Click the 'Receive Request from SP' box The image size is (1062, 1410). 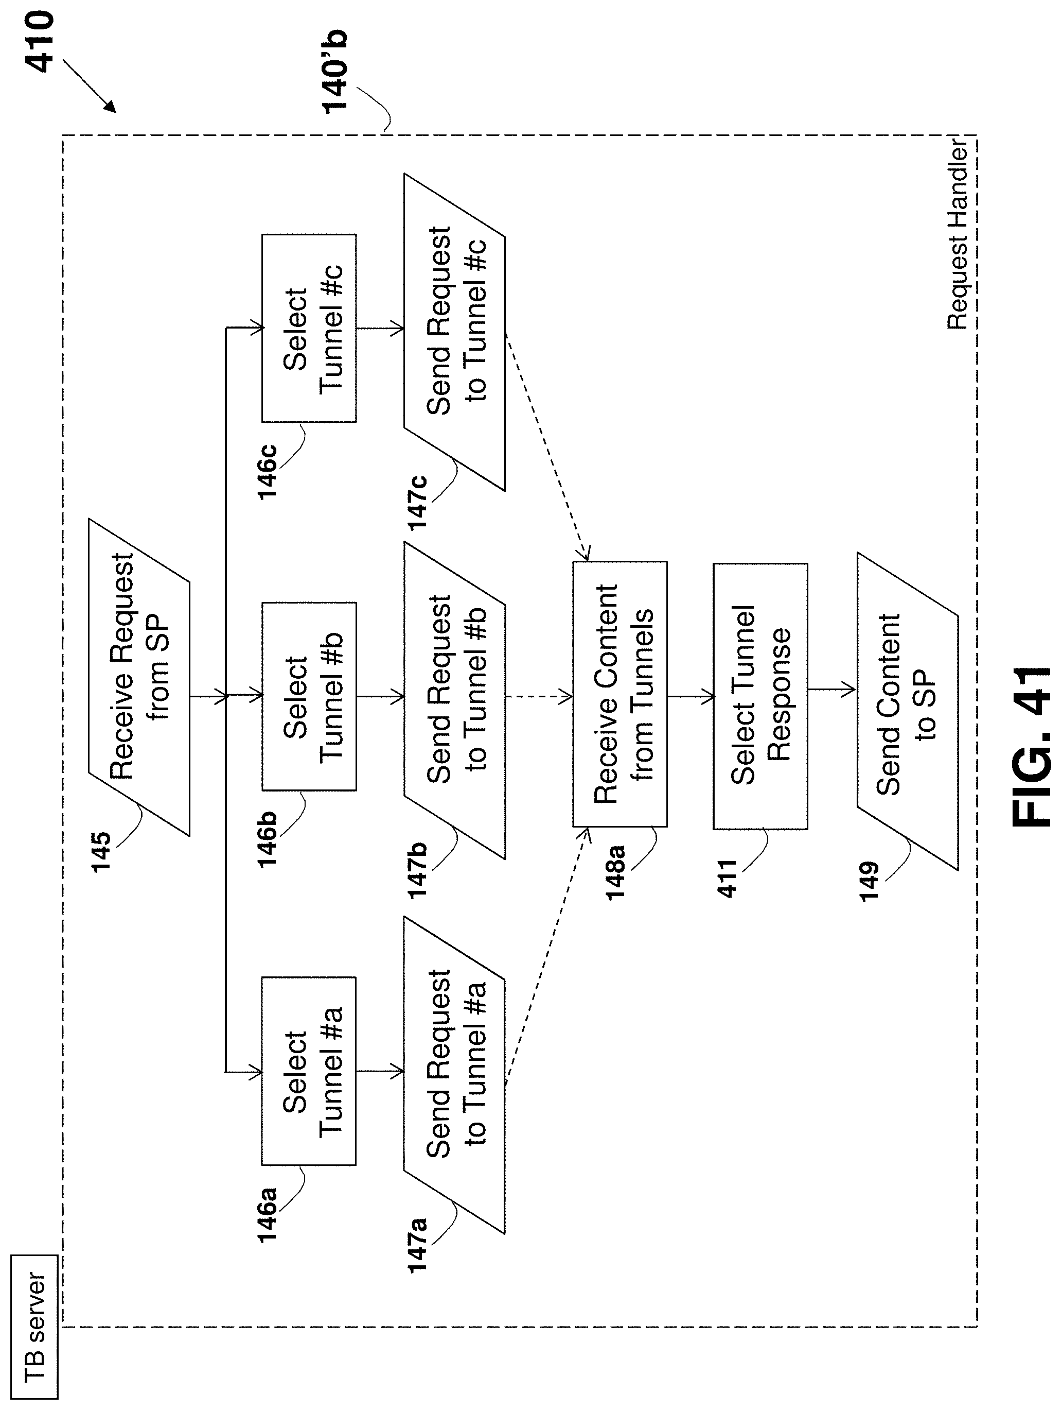coord(139,677)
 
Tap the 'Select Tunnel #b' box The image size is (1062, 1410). coord(309,696)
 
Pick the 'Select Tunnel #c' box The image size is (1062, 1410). coord(309,328)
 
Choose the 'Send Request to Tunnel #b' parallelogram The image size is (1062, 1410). coord(454,700)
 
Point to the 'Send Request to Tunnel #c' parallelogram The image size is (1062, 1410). coord(454,332)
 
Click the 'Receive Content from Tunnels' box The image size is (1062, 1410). coord(620,694)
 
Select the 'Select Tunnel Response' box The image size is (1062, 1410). coord(760,696)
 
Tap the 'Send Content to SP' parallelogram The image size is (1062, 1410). coord(907,711)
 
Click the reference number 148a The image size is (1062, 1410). coord(616,872)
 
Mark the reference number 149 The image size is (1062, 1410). coord(869,881)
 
